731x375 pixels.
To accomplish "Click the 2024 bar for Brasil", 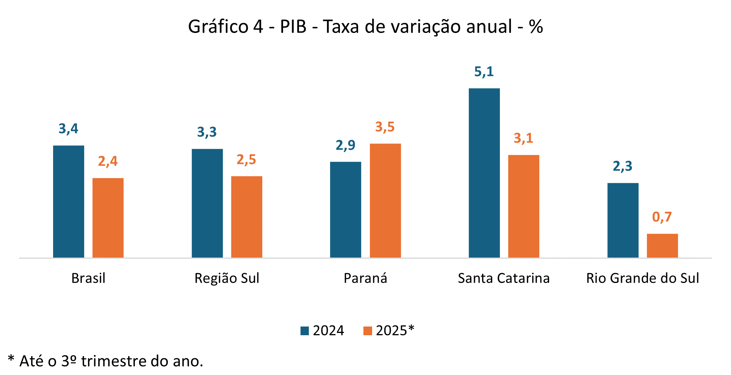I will click(x=69, y=202).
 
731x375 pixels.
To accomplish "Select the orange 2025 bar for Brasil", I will click(x=108, y=218).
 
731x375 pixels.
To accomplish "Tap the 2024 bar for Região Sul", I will click(x=207, y=203).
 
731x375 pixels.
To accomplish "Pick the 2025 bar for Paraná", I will click(x=385, y=201).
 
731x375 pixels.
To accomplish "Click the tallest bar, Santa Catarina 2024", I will click(x=484, y=173).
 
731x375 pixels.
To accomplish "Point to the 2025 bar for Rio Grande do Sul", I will click(x=662, y=246).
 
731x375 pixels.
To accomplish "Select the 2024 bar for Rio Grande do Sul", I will click(x=623, y=220).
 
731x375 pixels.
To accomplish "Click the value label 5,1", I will click(x=484, y=72).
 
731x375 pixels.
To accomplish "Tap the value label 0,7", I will click(x=662, y=217).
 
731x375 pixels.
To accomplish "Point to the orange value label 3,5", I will click(x=385, y=127).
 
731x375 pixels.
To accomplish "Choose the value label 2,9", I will click(x=345, y=145).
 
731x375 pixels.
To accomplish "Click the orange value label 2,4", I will click(x=108, y=161).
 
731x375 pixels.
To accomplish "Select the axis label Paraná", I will click(x=365, y=278).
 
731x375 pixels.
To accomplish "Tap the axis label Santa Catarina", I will click(x=504, y=278).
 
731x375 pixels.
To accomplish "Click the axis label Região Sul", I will click(x=227, y=278).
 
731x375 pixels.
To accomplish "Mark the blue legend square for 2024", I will click(x=305, y=331).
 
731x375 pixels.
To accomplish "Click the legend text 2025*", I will click(x=395, y=331).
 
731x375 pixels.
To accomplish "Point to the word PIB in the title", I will click(x=293, y=27).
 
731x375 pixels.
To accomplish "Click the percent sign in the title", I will click(x=536, y=27).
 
